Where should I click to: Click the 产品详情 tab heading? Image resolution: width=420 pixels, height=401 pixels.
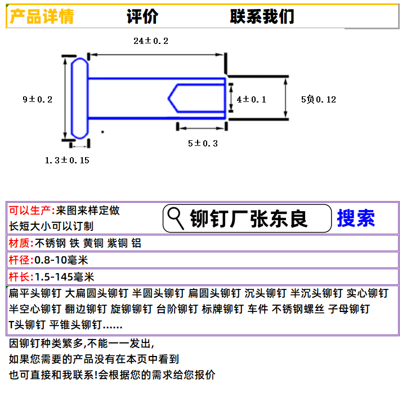click(42, 16)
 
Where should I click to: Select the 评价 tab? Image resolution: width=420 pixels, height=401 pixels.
click(142, 16)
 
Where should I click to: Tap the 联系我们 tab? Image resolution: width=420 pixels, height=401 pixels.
click(262, 16)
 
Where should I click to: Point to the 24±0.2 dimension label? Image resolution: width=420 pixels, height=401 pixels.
click(151, 41)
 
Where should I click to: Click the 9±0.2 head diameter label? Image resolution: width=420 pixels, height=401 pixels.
click(38, 99)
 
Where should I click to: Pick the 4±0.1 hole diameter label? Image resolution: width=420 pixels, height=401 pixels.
click(251, 99)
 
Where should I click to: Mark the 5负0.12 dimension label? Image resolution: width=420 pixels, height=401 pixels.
click(319, 99)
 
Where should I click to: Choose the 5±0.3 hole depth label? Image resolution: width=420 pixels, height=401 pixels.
click(203, 143)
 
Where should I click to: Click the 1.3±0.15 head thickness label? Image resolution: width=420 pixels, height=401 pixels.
click(67, 160)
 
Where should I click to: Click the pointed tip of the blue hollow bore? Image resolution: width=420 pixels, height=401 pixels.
click(168, 99)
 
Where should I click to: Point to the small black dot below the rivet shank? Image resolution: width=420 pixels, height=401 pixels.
click(102, 132)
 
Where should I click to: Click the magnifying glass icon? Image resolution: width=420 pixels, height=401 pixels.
click(176, 219)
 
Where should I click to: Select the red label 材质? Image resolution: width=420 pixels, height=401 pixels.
click(21, 243)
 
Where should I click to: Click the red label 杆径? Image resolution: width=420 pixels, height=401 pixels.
click(21, 260)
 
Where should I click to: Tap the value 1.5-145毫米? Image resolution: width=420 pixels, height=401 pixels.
click(65, 277)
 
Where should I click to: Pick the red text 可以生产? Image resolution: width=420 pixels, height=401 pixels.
click(32, 211)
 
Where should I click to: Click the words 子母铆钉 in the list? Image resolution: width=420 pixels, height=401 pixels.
click(349, 309)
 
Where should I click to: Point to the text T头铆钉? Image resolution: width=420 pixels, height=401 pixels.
click(27, 325)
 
